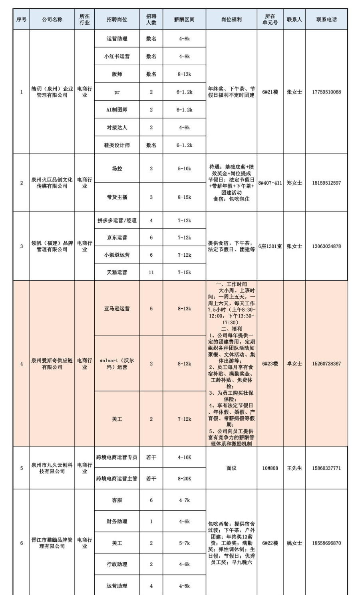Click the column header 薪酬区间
point(184,20)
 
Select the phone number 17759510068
point(326,92)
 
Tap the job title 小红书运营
point(117,57)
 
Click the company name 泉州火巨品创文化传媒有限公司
point(52,183)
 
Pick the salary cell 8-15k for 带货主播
point(184,197)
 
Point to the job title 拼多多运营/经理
point(117,220)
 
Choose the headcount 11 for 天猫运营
point(151,272)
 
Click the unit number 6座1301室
point(270,246)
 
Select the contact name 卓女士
point(294,364)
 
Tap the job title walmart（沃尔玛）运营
point(117,364)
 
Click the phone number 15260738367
point(326,364)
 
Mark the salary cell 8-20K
point(184,479)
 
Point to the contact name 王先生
point(294,468)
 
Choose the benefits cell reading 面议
point(231,468)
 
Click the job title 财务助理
point(117,521)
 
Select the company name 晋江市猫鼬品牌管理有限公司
point(52,543)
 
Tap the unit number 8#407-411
point(270,183)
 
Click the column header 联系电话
point(326,20)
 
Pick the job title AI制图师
point(117,110)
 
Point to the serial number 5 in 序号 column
point(22,468)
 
